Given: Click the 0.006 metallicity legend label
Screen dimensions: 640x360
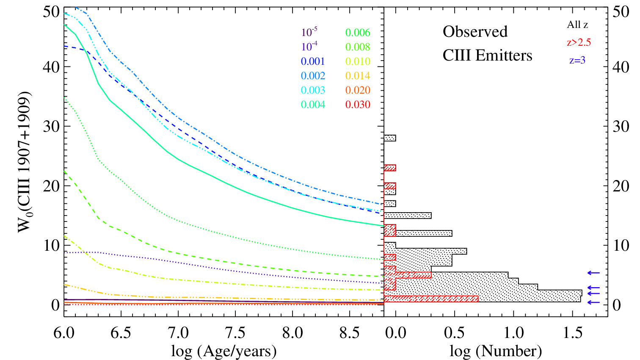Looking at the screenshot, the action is click(x=357, y=33).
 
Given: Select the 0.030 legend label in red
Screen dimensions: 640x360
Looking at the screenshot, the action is click(x=357, y=105).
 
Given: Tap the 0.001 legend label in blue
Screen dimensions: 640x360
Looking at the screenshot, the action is click(x=313, y=61).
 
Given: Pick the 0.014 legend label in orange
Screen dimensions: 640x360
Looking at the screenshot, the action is click(x=357, y=76).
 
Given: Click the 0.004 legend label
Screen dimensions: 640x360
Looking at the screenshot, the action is click(x=313, y=105).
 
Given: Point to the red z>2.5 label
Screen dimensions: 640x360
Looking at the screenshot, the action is click(x=579, y=43).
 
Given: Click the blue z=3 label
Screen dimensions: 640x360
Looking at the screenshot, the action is click(x=577, y=61).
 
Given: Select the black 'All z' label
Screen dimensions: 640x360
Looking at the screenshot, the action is click(x=577, y=25).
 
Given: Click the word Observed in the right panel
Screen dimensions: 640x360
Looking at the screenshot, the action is click(x=475, y=31).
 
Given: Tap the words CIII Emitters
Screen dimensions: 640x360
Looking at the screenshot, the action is click(x=488, y=55).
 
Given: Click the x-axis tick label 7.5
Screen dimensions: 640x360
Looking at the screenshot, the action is click(x=235, y=333).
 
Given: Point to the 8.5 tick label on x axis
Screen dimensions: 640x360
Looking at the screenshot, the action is click(x=350, y=333).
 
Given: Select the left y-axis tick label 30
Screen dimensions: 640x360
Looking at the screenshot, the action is click(x=51, y=126).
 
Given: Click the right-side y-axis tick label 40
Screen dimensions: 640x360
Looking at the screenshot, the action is click(x=621, y=67).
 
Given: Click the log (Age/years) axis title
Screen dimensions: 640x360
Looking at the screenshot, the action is click(x=224, y=351).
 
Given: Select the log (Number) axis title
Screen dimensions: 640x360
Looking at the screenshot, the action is click(x=496, y=351).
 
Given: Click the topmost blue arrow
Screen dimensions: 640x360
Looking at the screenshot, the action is click(x=593, y=273).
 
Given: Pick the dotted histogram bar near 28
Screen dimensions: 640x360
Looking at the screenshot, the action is click(x=390, y=138).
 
